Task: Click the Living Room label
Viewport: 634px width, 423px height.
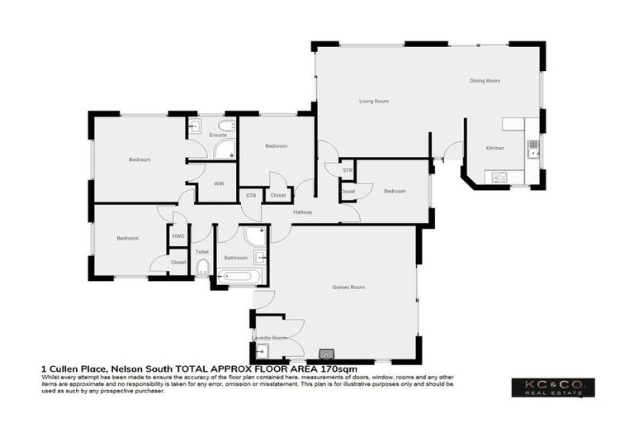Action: coord(373,102)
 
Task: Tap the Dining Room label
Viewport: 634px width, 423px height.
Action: coord(485,81)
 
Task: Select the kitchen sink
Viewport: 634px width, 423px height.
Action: coord(533,147)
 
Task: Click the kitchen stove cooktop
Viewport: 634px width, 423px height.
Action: coord(499,176)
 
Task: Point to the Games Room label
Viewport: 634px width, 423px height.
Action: coord(348,288)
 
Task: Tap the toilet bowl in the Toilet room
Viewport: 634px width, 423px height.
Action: coord(202,266)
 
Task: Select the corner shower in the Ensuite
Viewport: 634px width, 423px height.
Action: coord(224,149)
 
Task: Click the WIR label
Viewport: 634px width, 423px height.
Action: coord(219,183)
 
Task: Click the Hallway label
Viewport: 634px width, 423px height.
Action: coord(303,212)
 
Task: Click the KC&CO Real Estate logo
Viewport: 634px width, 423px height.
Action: coord(552,387)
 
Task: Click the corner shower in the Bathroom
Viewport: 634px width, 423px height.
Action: coord(257,236)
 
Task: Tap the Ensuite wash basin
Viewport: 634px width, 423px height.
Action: coord(195,126)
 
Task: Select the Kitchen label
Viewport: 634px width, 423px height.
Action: coord(494,148)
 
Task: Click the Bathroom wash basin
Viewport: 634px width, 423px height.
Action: coord(258,258)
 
